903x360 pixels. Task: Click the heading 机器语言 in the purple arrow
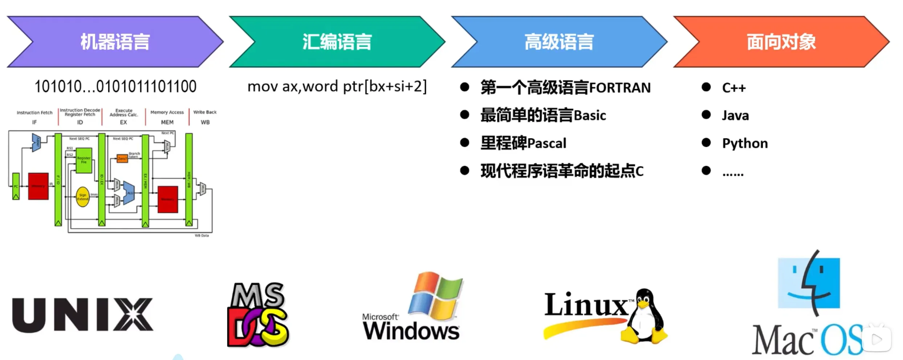point(115,42)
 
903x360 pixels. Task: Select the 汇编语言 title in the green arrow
point(337,42)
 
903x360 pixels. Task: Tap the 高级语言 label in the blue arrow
point(559,42)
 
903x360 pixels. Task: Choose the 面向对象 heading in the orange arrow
point(781,42)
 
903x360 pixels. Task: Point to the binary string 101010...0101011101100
point(115,87)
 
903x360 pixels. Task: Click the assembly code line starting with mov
point(337,87)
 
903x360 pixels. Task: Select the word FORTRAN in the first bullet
point(620,88)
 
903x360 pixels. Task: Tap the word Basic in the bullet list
point(590,116)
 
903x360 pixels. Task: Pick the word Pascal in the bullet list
point(547,143)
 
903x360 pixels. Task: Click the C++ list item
point(734,88)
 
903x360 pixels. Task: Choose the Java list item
point(735,116)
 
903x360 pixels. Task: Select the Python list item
point(745,143)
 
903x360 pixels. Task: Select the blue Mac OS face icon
point(809,283)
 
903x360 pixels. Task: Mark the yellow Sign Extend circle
point(83,197)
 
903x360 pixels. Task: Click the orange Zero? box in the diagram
point(122,159)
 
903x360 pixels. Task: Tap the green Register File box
point(84,160)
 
